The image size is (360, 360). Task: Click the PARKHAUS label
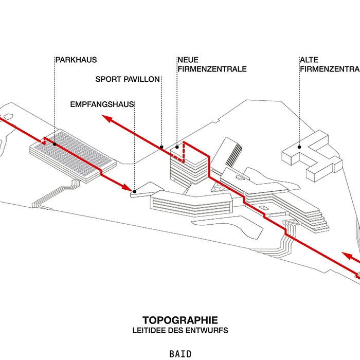tap(76, 59)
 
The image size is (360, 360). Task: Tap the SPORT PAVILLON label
tap(128, 79)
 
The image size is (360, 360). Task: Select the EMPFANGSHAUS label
tap(102, 104)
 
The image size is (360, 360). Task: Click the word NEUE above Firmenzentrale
tap(188, 59)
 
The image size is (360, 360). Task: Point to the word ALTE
tap(308, 59)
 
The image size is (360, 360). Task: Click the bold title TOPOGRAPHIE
tap(179, 319)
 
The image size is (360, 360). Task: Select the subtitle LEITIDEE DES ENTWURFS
tap(179, 330)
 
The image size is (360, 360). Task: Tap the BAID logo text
tap(180, 354)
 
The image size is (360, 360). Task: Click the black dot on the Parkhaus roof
tap(55, 145)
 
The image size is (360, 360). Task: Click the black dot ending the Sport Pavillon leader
tap(161, 145)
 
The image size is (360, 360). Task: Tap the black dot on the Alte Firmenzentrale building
tap(300, 145)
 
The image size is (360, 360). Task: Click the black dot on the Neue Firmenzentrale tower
tap(176, 147)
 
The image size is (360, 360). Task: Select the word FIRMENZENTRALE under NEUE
tap(211, 69)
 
